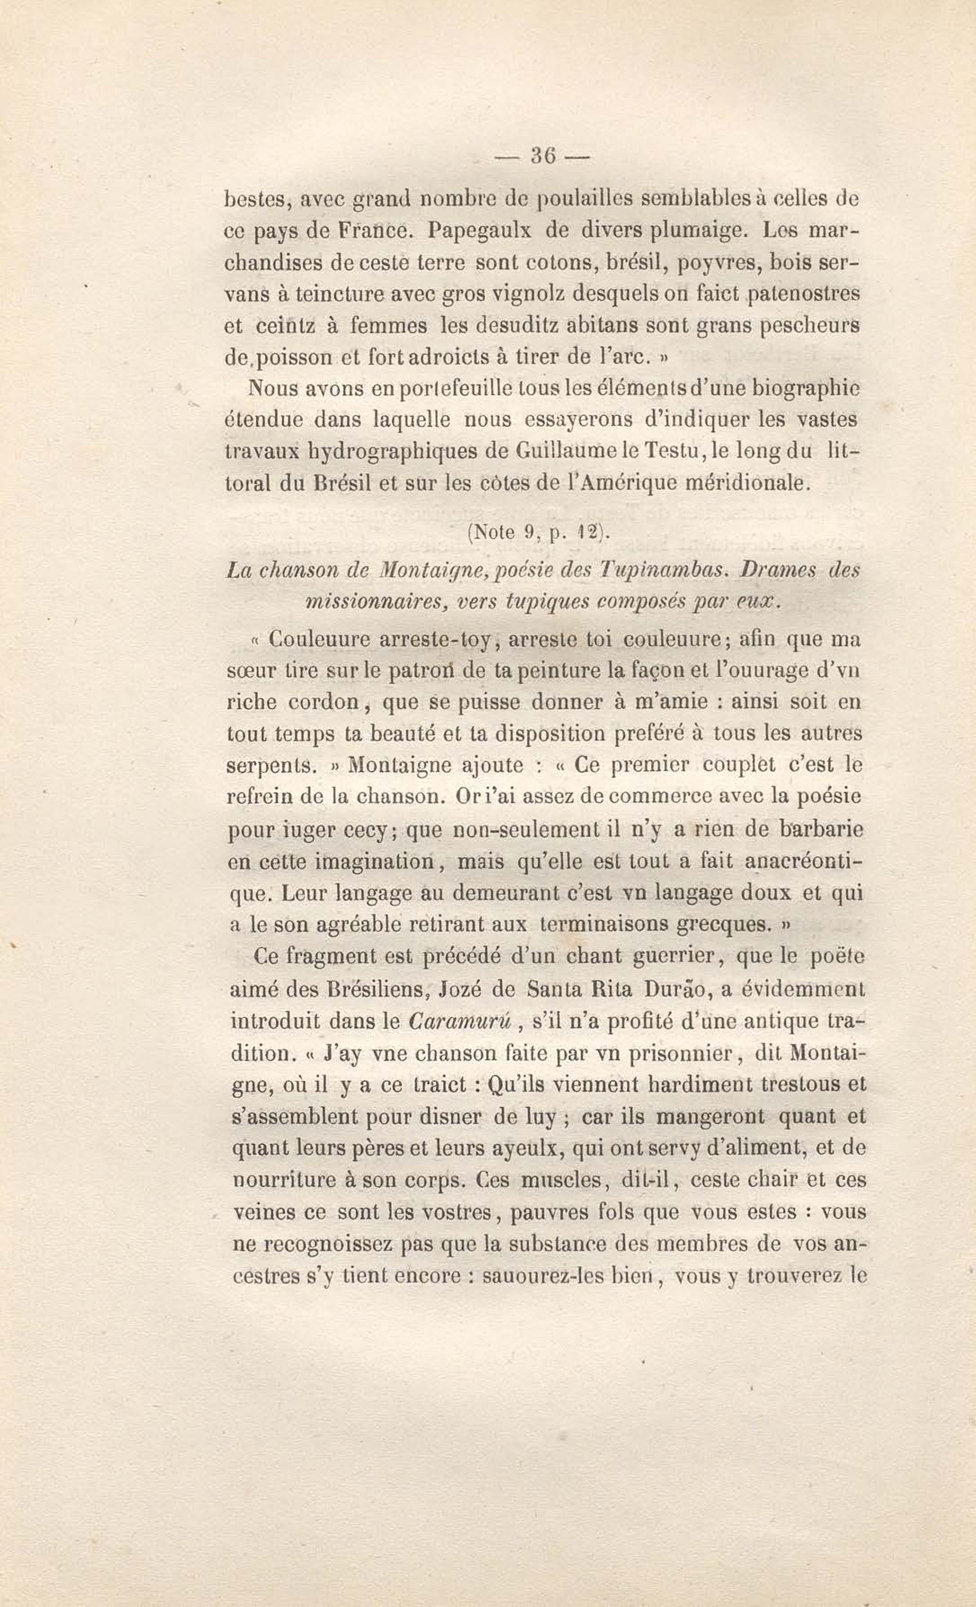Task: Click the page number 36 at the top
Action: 542,155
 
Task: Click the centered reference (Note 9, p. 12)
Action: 538,532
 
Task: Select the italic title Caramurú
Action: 464,1021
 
